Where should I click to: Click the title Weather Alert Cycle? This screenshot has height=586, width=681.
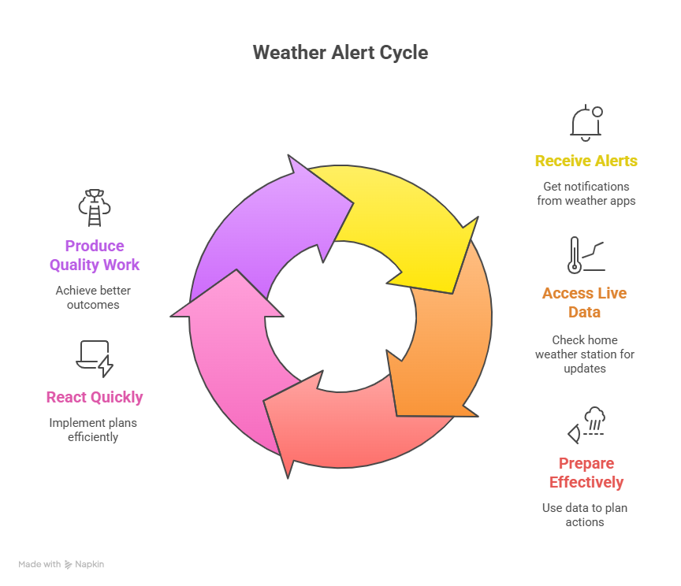point(340,53)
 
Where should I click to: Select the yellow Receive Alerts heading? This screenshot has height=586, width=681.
point(586,161)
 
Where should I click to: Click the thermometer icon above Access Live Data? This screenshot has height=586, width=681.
point(584,254)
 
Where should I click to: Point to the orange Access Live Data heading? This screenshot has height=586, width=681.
point(584,302)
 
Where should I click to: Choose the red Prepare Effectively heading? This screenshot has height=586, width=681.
point(586,473)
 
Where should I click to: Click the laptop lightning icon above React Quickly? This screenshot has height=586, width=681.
point(95,358)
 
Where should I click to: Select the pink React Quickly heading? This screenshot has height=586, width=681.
point(95,397)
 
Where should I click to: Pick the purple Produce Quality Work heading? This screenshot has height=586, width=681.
point(95,255)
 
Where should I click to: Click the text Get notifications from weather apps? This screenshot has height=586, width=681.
point(586,194)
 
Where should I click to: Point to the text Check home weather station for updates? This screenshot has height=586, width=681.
point(584,354)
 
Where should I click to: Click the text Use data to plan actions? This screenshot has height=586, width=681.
point(584,515)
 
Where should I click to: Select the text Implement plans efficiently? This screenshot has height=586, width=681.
point(93,430)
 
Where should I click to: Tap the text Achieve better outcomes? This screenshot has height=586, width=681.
point(93,298)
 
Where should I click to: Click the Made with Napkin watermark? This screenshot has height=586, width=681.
point(61,565)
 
